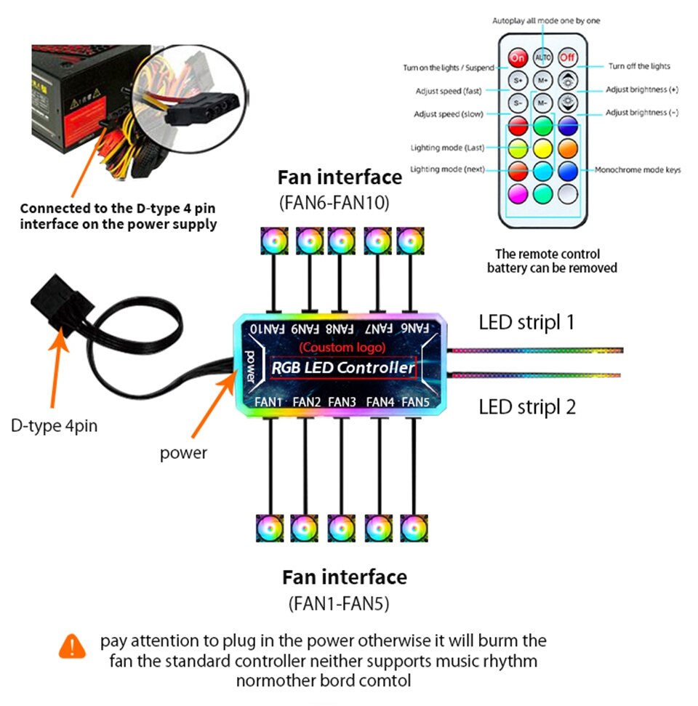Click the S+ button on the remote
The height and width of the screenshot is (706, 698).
pyautogui.click(x=518, y=80)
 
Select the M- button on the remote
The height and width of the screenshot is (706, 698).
pyautogui.click(x=542, y=103)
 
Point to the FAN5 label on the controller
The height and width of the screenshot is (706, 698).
pyautogui.click(x=417, y=401)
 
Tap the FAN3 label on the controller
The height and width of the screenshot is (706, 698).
pyautogui.click(x=342, y=401)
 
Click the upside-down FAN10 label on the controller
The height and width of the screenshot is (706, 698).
pyautogui.click(x=265, y=329)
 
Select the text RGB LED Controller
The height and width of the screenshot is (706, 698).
pyautogui.click(x=342, y=368)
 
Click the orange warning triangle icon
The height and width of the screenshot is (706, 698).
pyautogui.click(x=73, y=645)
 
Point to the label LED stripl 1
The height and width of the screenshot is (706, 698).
pyautogui.click(x=526, y=322)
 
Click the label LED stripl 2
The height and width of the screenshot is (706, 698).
pyautogui.click(x=527, y=406)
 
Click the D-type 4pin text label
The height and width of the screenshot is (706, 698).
pyautogui.click(x=54, y=425)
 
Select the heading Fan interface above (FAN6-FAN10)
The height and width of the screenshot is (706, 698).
pyautogui.click(x=340, y=177)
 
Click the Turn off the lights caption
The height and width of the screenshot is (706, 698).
pyautogui.click(x=639, y=66)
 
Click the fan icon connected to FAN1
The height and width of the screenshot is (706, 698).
pyautogui.click(x=270, y=529)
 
